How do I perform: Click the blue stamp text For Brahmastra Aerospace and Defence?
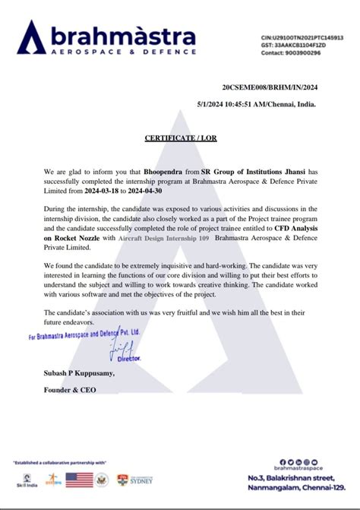point(84,334)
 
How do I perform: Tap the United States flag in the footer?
point(80,480)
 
